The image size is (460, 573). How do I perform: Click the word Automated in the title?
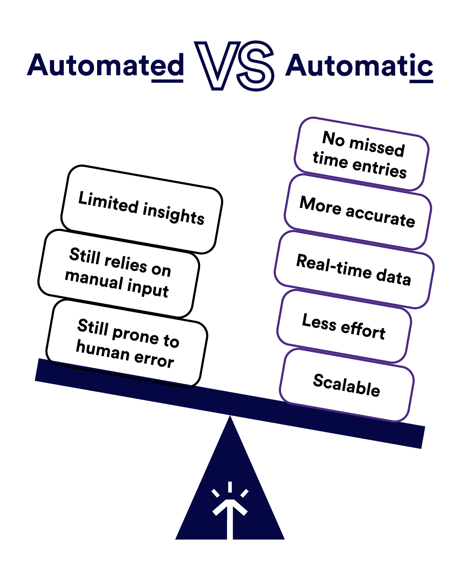(x=106, y=65)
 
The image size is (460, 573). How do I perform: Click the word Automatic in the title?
(x=359, y=65)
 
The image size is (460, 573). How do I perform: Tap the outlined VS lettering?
(x=234, y=66)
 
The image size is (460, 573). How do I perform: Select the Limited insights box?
(x=141, y=209)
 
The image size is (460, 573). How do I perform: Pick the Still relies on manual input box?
(x=119, y=274)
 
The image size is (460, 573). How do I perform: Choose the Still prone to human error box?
(x=127, y=343)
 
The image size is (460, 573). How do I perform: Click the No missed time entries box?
(x=362, y=154)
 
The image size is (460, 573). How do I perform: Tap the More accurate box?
(x=357, y=212)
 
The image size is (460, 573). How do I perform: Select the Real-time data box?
(x=354, y=270)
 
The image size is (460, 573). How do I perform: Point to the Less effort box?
(x=344, y=326)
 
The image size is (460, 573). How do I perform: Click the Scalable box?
(x=347, y=385)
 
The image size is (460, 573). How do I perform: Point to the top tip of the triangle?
(x=230, y=416)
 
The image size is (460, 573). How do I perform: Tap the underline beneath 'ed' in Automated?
(x=167, y=81)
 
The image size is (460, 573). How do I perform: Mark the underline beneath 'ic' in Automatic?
(x=421, y=81)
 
